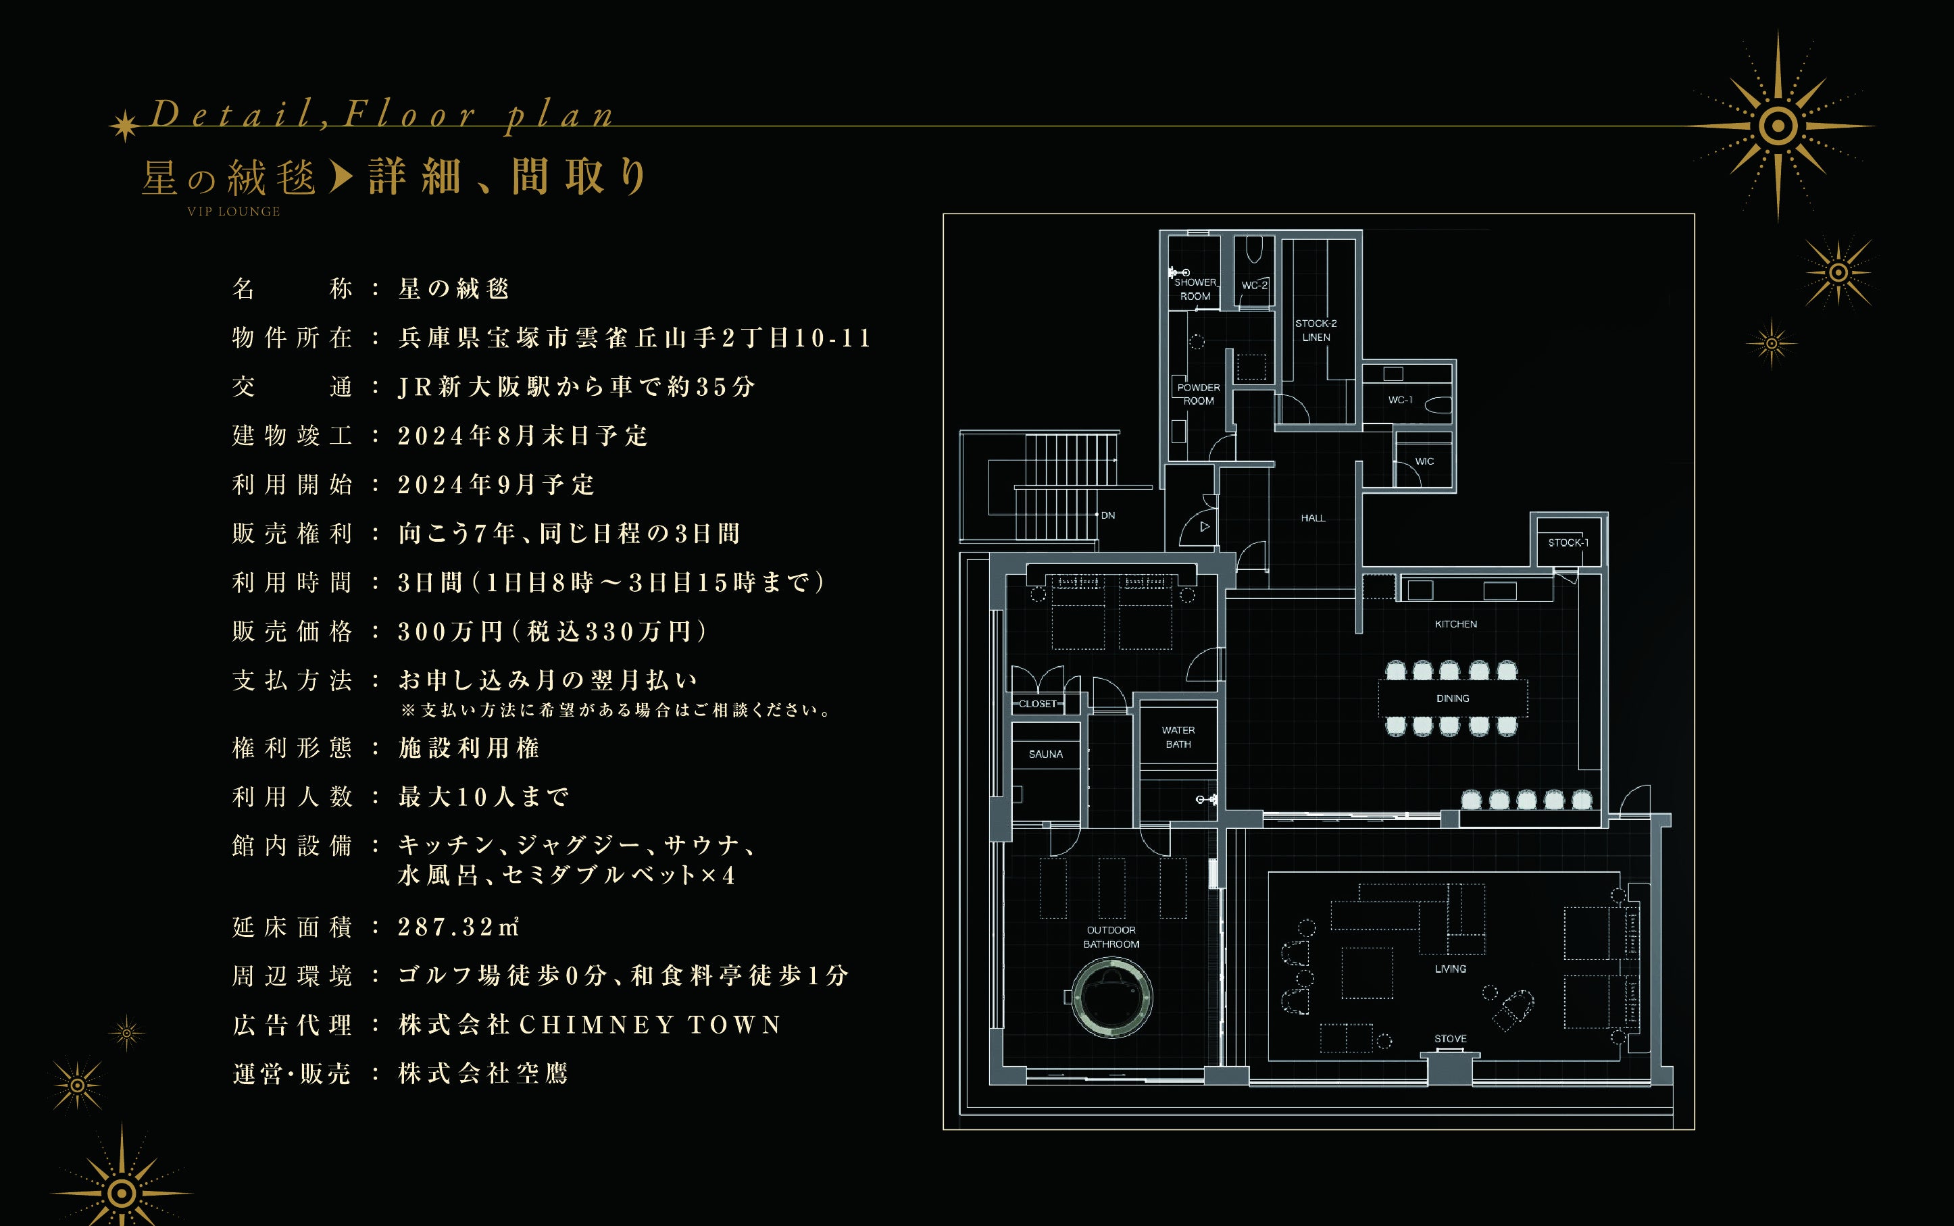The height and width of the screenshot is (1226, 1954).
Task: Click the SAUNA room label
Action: [x=1045, y=754]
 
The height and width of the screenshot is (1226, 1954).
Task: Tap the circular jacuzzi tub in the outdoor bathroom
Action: [x=1111, y=996]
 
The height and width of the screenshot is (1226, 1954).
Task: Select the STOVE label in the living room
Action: [x=1450, y=1039]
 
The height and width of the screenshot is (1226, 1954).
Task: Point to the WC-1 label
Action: [x=1400, y=400]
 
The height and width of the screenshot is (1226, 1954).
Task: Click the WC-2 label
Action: [x=1254, y=286]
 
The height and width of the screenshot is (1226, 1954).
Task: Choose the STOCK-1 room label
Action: [x=1568, y=542]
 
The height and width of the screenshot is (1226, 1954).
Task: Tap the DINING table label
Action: [x=1452, y=698]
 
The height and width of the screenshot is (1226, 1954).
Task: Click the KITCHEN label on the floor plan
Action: [x=1455, y=624]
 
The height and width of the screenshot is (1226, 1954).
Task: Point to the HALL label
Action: [x=1313, y=518]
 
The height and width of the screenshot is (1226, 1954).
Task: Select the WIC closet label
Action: [x=1424, y=461]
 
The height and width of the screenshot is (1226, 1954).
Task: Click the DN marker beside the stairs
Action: [x=1107, y=515]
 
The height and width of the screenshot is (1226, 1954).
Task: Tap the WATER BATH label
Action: [x=1178, y=737]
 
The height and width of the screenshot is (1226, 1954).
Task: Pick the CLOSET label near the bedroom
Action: [x=1038, y=704]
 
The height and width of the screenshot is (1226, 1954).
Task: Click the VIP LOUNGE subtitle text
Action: [x=234, y=211]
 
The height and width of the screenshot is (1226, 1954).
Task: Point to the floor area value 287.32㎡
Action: [x=458, y=927]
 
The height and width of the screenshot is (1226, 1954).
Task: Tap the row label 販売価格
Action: [x=292, y=632]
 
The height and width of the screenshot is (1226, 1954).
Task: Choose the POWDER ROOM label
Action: [x=1199, y=394]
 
